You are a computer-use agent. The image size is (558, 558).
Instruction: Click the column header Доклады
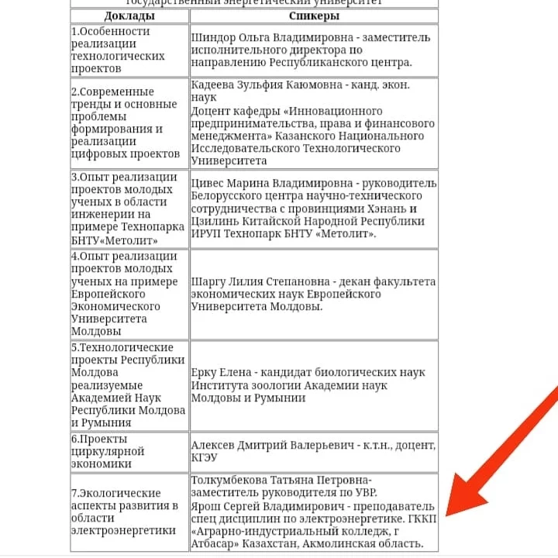click(129, 15)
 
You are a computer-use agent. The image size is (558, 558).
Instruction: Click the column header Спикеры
click(314, 15)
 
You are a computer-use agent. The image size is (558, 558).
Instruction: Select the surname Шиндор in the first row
click(215, 36)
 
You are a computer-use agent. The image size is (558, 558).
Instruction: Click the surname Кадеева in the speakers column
click(215, 86)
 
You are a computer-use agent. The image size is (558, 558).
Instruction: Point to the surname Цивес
click(208, 184)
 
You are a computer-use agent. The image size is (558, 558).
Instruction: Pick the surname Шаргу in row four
click(210, 282)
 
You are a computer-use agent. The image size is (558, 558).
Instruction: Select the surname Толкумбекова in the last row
click(239, 480)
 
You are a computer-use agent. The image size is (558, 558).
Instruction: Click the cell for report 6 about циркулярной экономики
click(129, 452)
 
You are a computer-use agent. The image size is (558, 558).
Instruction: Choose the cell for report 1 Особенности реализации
click(129, 50)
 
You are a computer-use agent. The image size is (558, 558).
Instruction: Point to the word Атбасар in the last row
click(219, 543)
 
